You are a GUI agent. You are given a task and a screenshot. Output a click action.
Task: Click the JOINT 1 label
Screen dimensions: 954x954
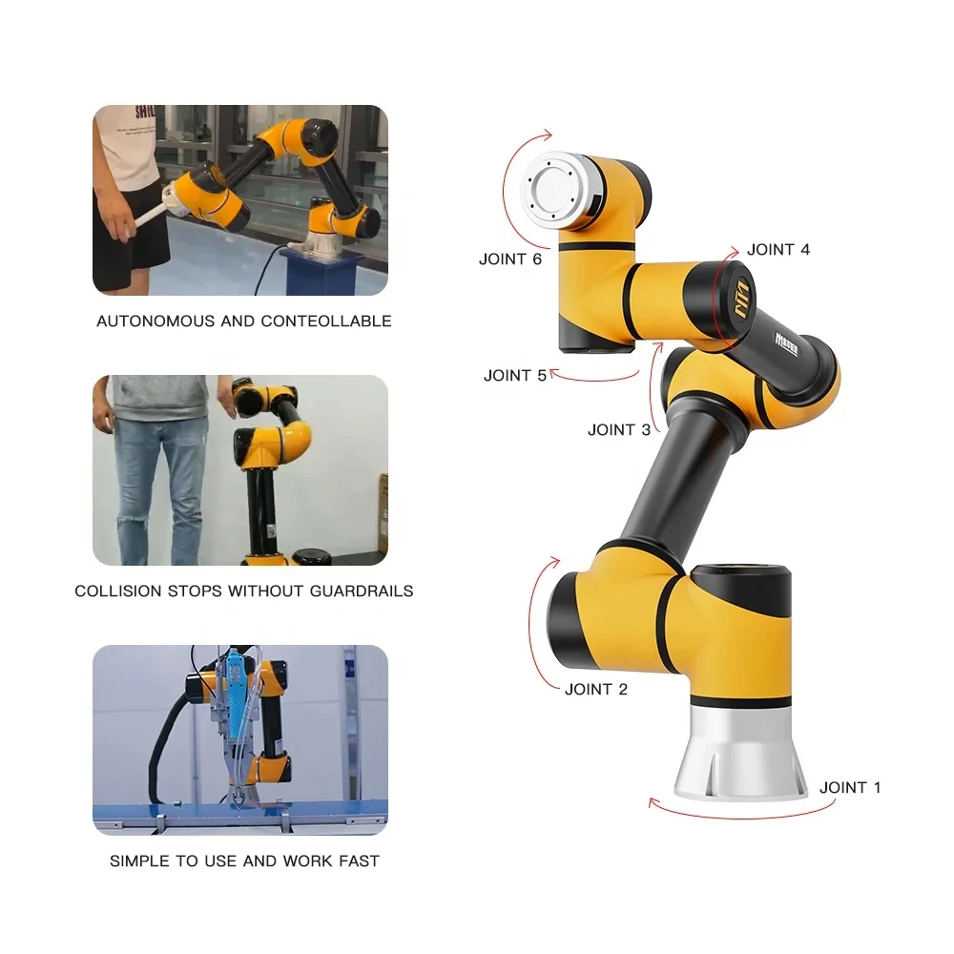pyautogui.click(x=850, y=787)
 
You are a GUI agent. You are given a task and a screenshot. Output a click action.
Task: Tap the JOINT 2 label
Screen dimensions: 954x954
pyautogui.click(x=595, y=689)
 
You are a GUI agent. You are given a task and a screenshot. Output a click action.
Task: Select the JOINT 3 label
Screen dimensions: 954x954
pyautogui.click(x=618, y=429)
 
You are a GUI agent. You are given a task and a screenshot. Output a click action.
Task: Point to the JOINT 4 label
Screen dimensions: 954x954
pyautogui.click(x=778, y=250)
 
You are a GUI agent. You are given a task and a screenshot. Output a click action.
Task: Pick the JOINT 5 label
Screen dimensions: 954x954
pyautogui.click(x=515, y=375)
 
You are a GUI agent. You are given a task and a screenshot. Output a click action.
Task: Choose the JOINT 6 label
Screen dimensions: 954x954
pyautogui.click(x=510, y=259)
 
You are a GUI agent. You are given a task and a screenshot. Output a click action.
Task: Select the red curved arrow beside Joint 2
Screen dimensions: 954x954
pyautogui.click(x=542, y=620)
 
